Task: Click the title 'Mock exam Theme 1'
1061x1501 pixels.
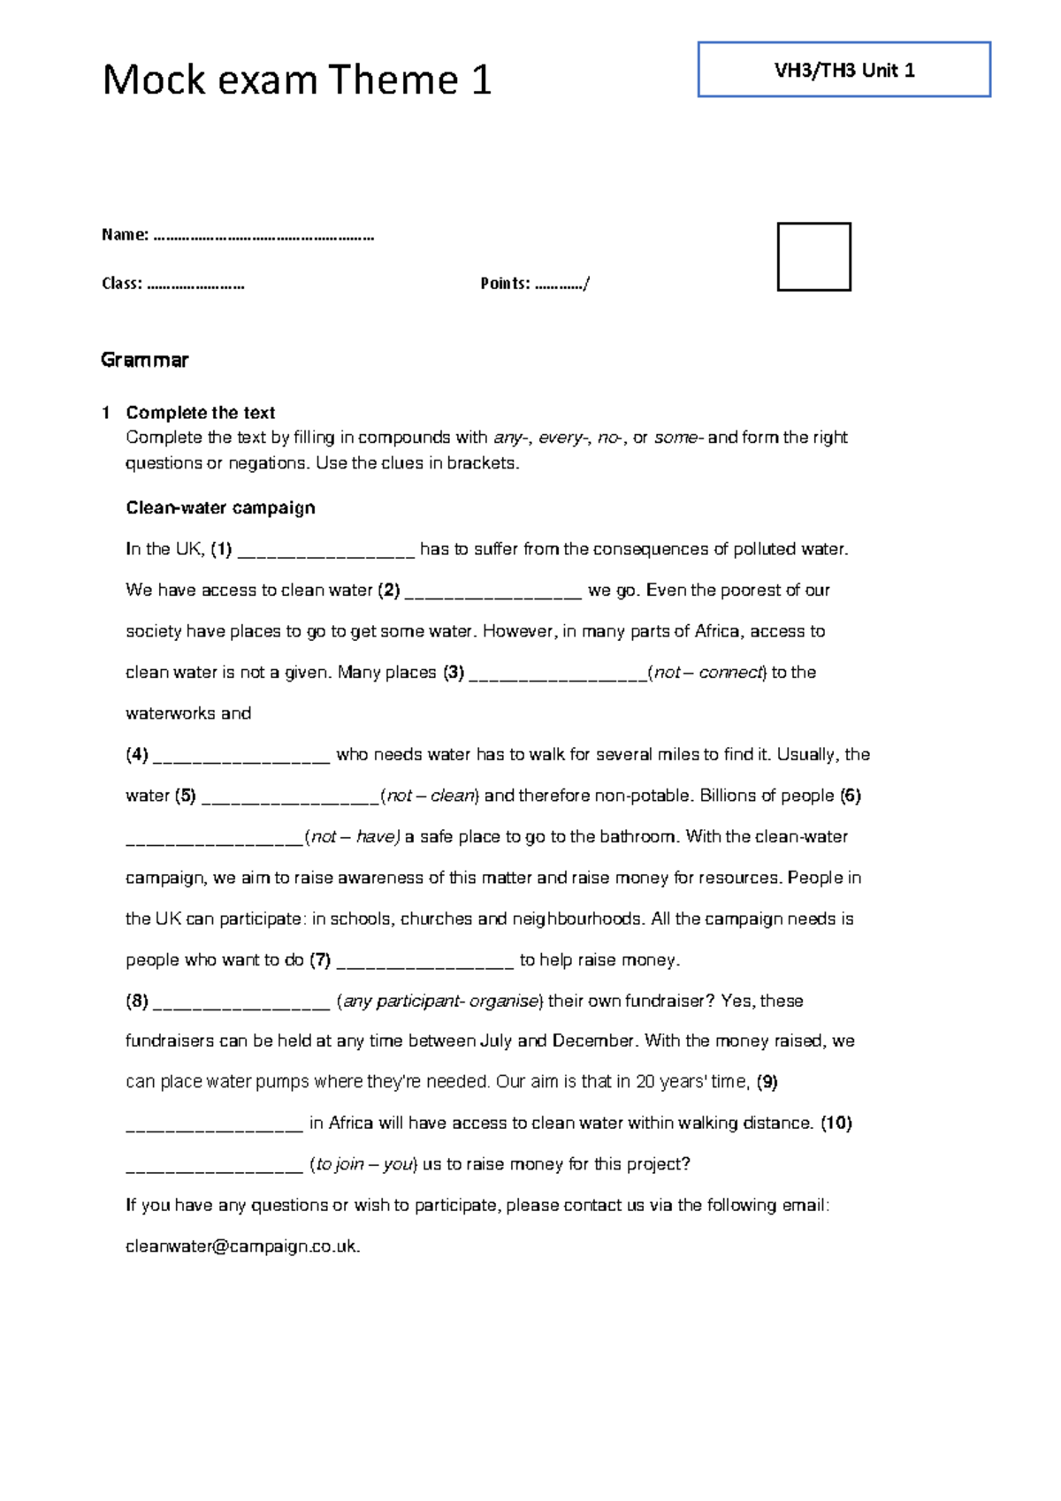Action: [296, 80]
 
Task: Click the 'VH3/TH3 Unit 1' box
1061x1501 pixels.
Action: [843, 70]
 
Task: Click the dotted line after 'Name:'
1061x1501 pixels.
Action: [263, 236]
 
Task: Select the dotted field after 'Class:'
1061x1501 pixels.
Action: [195, 285]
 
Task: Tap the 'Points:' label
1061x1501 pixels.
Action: [505, 284]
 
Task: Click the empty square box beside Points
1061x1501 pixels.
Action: [813, 256]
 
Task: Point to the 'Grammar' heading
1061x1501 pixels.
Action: [144, 360]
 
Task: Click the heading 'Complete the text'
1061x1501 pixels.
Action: [200, 413]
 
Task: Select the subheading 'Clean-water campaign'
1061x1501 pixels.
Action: [220, 508]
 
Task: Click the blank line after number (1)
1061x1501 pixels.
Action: [326, 551]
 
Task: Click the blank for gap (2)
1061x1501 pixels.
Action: [492, 591]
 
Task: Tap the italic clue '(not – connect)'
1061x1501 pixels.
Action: [706, 673]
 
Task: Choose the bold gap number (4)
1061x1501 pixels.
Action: [137, 755]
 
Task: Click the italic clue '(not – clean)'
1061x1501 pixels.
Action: [430, 796]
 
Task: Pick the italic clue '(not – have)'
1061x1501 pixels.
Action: [353, 837]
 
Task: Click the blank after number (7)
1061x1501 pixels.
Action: [425, 961]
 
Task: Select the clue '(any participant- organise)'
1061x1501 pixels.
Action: [440, 1002]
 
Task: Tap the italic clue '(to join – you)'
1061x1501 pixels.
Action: [363, 1164]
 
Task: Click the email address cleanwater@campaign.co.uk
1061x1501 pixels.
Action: [242, 1246]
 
